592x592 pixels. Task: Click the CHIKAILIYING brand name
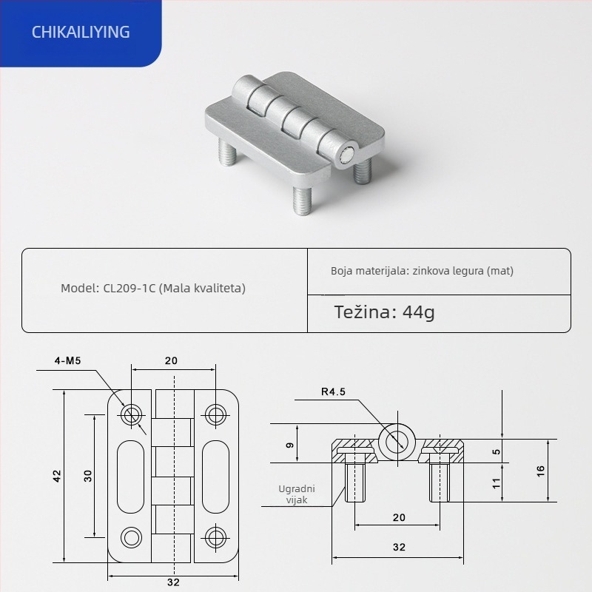81,32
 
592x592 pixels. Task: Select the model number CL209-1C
127,288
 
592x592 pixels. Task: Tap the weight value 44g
419,312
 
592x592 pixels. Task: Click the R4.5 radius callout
333,392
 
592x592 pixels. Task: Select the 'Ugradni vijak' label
297,494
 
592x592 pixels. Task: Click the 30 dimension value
87,476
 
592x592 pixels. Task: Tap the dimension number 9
290,445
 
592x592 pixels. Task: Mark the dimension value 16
540,471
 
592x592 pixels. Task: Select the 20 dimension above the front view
171,361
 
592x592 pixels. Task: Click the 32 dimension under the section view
399,548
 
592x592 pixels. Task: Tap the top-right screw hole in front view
215,414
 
